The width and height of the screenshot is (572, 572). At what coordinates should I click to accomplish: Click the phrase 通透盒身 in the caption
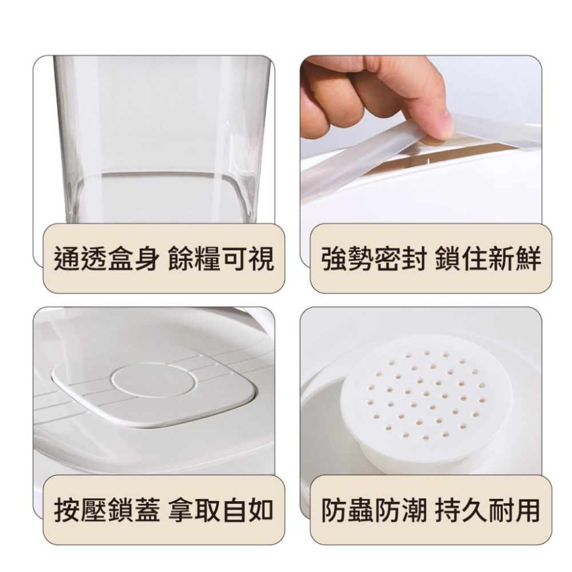[106, 259]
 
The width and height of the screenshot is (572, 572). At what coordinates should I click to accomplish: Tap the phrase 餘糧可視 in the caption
[221, 259]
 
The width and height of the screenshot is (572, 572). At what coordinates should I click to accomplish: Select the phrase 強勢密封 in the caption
[374, 259]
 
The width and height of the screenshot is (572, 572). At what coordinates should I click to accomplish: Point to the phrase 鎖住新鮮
[488, 259]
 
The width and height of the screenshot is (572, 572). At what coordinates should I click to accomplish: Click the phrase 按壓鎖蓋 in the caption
[106, 510]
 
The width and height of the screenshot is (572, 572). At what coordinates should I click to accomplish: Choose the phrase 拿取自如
[221, 510]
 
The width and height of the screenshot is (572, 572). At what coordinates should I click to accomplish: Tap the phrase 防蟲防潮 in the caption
[374, 510]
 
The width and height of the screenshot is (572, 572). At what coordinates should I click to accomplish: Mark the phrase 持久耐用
[488, 510]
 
